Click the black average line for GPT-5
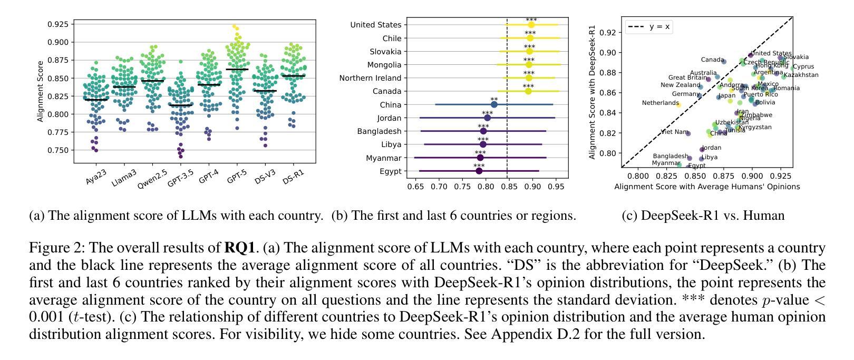tap(237, 70)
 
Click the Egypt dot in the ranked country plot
tap(479, 171)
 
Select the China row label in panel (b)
tap(390, 105)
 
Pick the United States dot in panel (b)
tap(531, 25)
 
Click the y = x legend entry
tap(649, 26)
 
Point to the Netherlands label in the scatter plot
tap(660, 103)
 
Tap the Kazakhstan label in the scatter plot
tap(801, 75)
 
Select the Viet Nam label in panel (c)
tap(674, 132)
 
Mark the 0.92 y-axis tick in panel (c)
tap(608, 32)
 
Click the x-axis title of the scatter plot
tap(707, 187)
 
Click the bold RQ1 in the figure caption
tap(240, 248)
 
